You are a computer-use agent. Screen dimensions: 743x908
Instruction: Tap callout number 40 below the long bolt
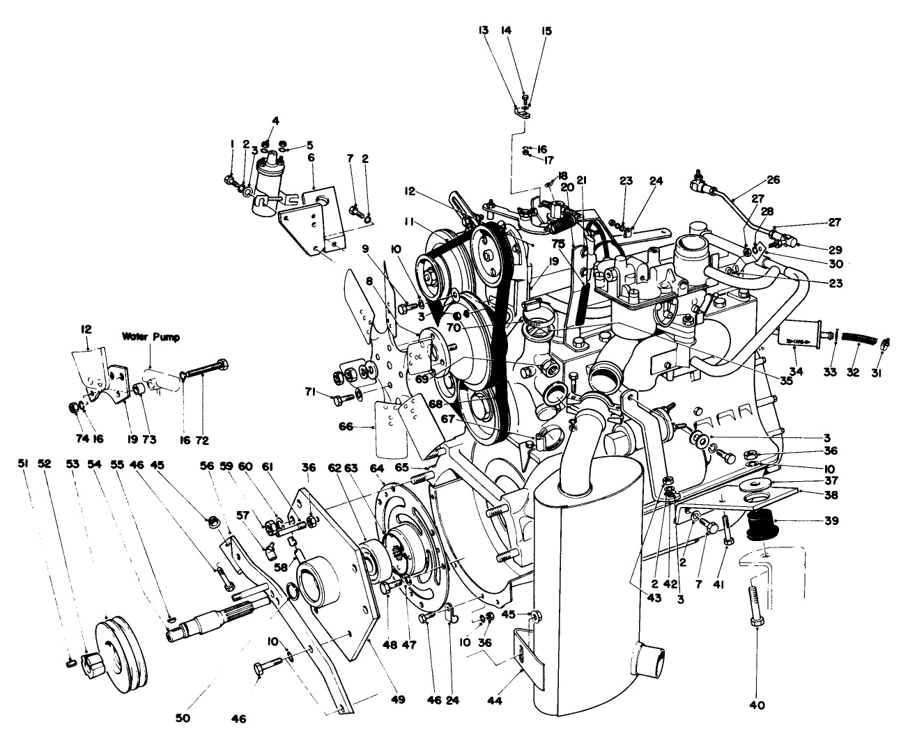tap(757, 705)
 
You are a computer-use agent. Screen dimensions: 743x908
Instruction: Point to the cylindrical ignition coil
tap(268, 183)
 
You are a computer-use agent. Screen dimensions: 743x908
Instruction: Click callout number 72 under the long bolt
tap(202, 440)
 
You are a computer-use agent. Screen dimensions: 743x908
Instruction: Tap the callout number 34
tap(797, 372)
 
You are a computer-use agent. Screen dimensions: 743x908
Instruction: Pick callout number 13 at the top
tap(483, 31)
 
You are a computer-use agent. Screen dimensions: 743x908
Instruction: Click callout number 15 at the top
tap(546, 31)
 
